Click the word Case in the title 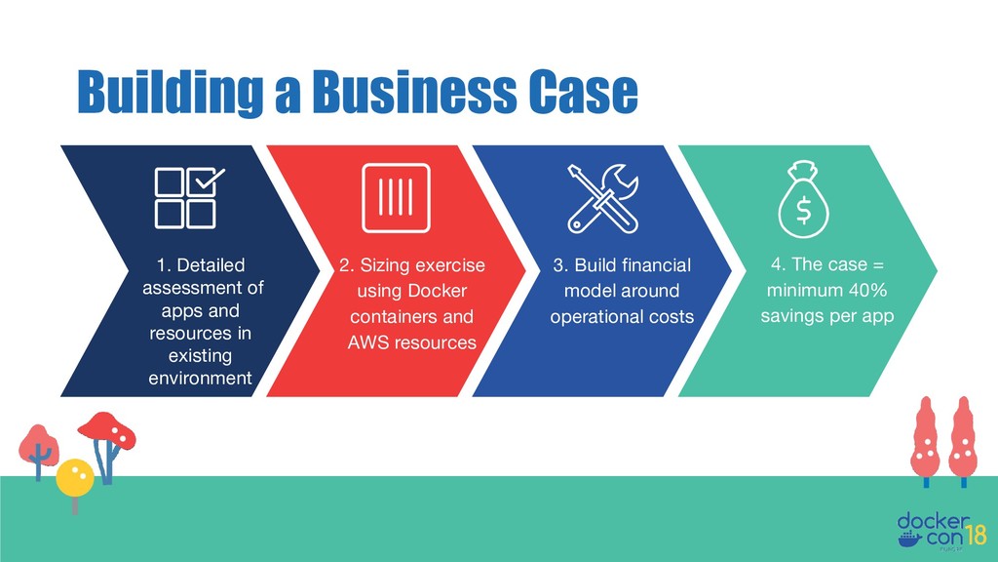(x=583, y=95)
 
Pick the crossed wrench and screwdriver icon (x=601, y=198)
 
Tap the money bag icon (x=804, y=198)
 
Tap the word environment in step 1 (x=200, y=378)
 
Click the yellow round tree (x=75, y=477)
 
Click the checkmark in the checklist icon (x=209, y=181)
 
